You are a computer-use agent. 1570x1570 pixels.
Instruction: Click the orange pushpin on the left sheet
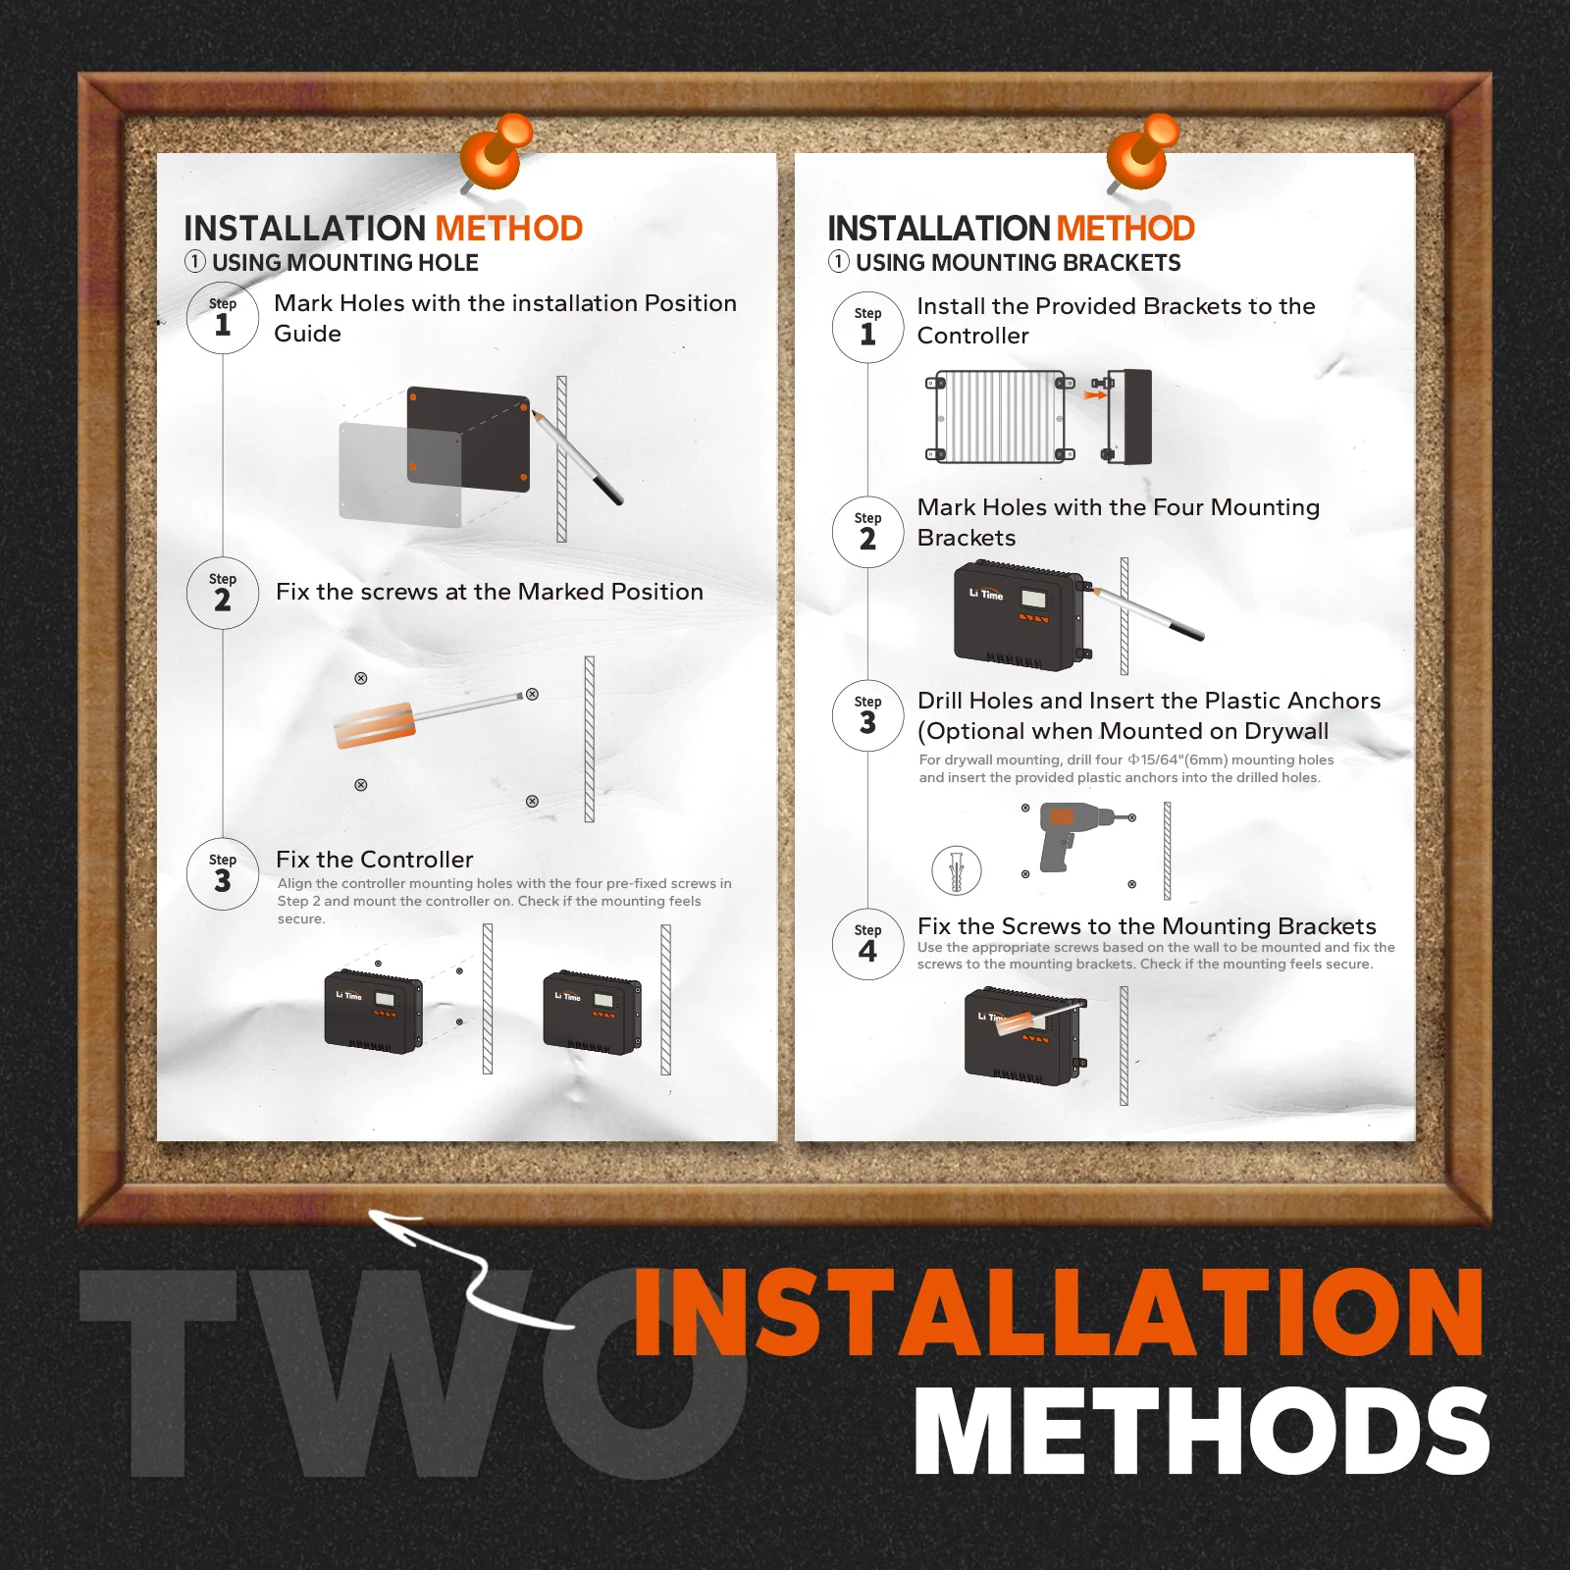[497, 152]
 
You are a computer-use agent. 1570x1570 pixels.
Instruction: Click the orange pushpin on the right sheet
[1142, 152]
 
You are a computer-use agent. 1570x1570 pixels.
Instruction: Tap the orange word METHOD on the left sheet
[509, 229]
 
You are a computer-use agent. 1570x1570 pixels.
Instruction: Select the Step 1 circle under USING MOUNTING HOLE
[223, 318]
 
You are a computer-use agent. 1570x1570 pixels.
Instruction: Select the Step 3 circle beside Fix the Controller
[223, 874]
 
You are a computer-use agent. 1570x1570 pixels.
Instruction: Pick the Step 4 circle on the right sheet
[867, 945]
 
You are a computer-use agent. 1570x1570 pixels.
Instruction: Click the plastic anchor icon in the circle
[957, 870]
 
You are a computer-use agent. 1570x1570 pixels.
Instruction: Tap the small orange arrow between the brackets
[1095, 395]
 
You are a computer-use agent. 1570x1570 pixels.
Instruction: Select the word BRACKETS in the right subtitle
[1122, 263]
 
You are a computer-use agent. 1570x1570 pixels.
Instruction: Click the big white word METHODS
[1202, 1431]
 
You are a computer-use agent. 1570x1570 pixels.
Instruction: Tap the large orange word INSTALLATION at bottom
[1059, 1312]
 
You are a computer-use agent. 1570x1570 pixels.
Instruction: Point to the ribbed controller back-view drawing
[1000, 416]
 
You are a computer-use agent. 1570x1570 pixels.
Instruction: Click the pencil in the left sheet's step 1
[577, 457]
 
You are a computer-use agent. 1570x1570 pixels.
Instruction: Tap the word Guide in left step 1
[307, 334]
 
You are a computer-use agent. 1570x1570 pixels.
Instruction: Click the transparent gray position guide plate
[399, 475]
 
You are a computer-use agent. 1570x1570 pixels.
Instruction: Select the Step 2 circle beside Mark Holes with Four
[867, 532]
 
